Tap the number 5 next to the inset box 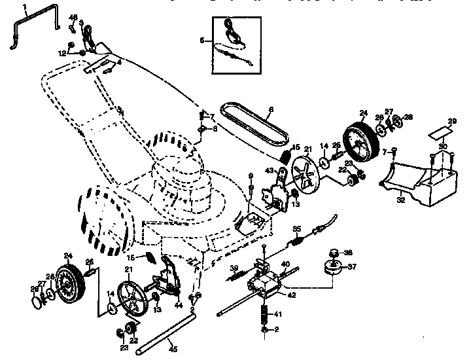[x=202, y=41]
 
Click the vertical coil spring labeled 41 [x=266, y=314]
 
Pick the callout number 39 [x=233, y=269]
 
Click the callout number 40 [x=285, y=264]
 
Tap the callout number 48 [x=73, y=17]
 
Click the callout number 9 [x=251, y=175]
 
